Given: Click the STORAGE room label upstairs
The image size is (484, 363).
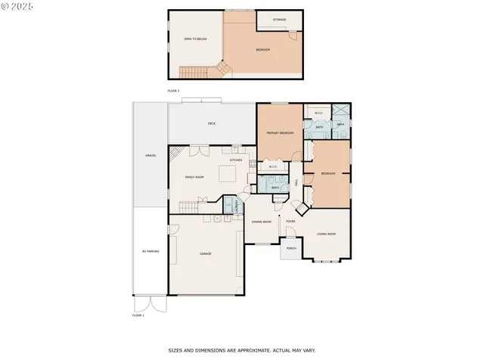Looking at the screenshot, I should click(280, 18).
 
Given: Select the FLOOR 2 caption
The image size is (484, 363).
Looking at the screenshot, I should click(174, 90).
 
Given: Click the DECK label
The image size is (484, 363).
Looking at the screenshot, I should click(212, 123).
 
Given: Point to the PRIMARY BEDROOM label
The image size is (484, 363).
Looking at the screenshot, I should click(279, 133).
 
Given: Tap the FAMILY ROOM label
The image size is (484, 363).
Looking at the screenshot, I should click(194, 177).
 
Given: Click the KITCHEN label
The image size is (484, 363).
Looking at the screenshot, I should click(236, 160).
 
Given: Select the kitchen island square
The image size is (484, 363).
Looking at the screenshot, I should click(228, 175).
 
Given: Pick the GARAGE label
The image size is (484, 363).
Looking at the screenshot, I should click(205, 253).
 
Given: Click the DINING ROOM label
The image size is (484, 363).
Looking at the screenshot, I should click(262, 222).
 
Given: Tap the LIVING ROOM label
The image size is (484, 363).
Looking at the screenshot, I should click(326, 234).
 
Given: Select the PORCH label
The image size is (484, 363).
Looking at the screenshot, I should click(290, 248).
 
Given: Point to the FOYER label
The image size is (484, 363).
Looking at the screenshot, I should click(290, 221).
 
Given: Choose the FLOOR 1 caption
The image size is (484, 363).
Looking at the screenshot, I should click(138, 315).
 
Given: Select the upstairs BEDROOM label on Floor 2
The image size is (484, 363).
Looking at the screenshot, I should click(262, 50).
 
